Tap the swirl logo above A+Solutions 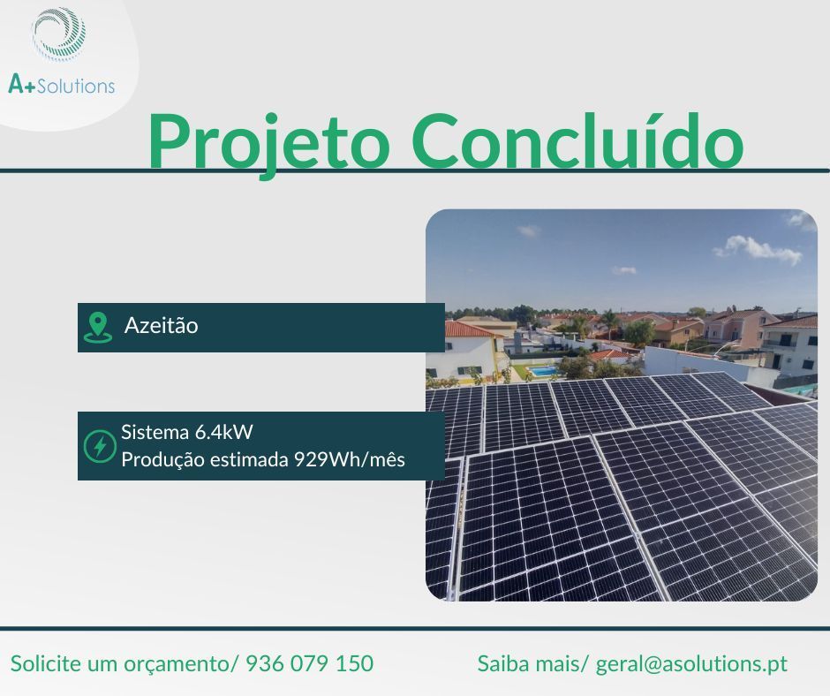pyautogui.click(x=59, y=34)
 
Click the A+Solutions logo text pyautogui.click(x=61, y=85)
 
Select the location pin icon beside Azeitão pyautogui.click(x=97, y=327)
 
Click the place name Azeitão pyautogui.click(x=161, y=326)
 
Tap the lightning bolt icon pyautogui.click(x=99, y=446)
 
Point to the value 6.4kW pyautogui.click(x=224, y=433)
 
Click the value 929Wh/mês pyautogui.click(x=349, y=460)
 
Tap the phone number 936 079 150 pyautogui.click(x=309, y=663)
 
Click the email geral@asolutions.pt pyautogui.click(x=691, y=663)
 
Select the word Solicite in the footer pyautogui.click(x=45, y=663)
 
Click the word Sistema pyautogui.click(x=155, y=433)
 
